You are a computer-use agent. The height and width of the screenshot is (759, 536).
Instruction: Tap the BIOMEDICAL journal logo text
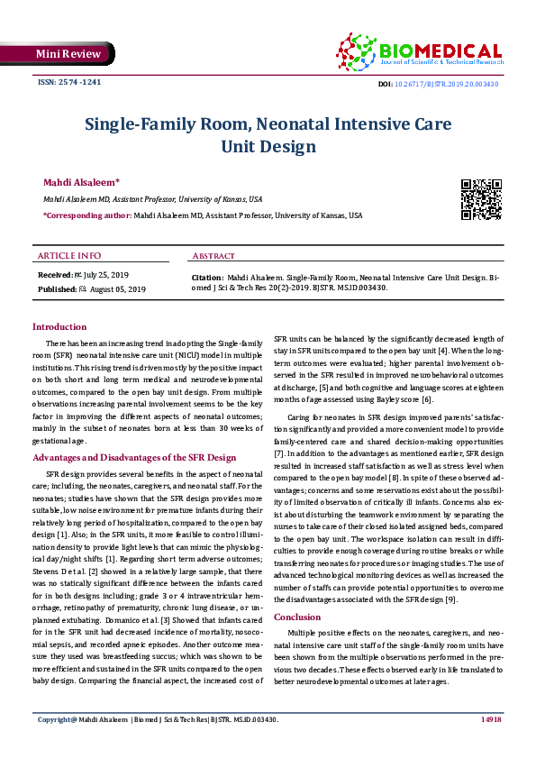[x=441, y=50]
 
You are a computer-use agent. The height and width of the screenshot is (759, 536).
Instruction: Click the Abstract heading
[x=214, y=256]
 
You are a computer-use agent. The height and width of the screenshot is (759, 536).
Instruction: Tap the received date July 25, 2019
[x=108, y=273]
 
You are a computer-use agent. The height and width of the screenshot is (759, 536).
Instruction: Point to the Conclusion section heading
[x=297, y=617]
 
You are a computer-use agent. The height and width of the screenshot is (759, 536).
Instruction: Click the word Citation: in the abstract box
[x=208, y=279]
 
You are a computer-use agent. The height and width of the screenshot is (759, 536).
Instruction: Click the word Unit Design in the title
[x=268, y=146]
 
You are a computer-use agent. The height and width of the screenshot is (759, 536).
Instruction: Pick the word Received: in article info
[x=55, y=273]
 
